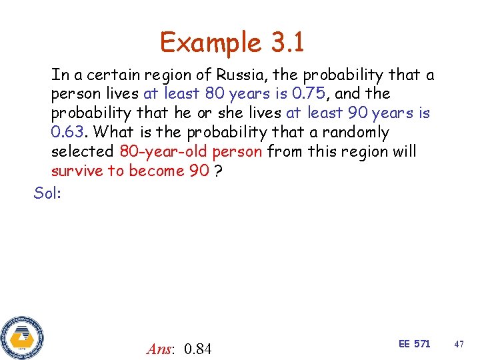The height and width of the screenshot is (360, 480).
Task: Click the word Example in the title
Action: (210, 43)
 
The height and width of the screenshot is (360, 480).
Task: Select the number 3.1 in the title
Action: (287, 43)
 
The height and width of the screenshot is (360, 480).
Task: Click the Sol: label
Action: (47, 193)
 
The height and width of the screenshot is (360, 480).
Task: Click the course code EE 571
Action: (414, 344)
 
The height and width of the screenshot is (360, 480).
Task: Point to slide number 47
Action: (459, 344)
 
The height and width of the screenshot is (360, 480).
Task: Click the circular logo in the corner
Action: (21, 336)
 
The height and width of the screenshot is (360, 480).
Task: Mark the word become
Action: (157, 171)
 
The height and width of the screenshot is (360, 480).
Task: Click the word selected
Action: (83, 151)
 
